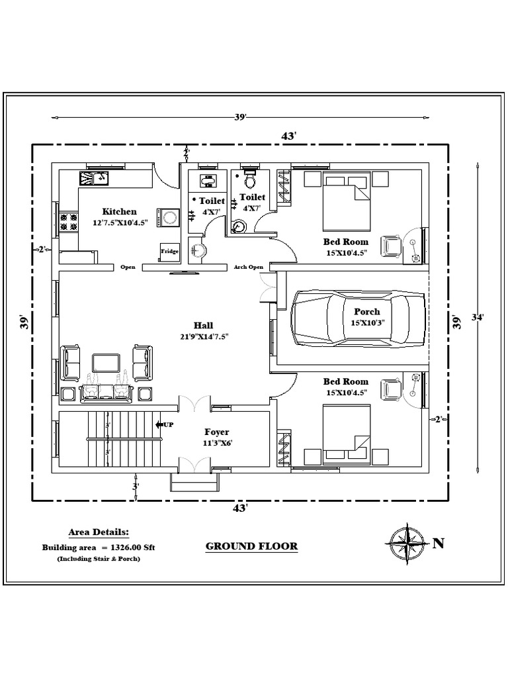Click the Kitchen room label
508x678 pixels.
pos(119,212)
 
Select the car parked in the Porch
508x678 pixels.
pos(358,317)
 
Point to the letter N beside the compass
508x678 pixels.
pos(438,544)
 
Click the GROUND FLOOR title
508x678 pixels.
pos(251,546)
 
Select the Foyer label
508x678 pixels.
pos(216,432)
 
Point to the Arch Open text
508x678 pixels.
pos(248,267)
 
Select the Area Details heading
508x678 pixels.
pos(99,532)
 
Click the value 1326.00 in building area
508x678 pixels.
pos(122,548)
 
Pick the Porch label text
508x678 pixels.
pos(367,312)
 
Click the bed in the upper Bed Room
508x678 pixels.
pos(346,205)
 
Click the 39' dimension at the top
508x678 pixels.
pos(240,117)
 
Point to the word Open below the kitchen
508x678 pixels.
pos(128,267)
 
